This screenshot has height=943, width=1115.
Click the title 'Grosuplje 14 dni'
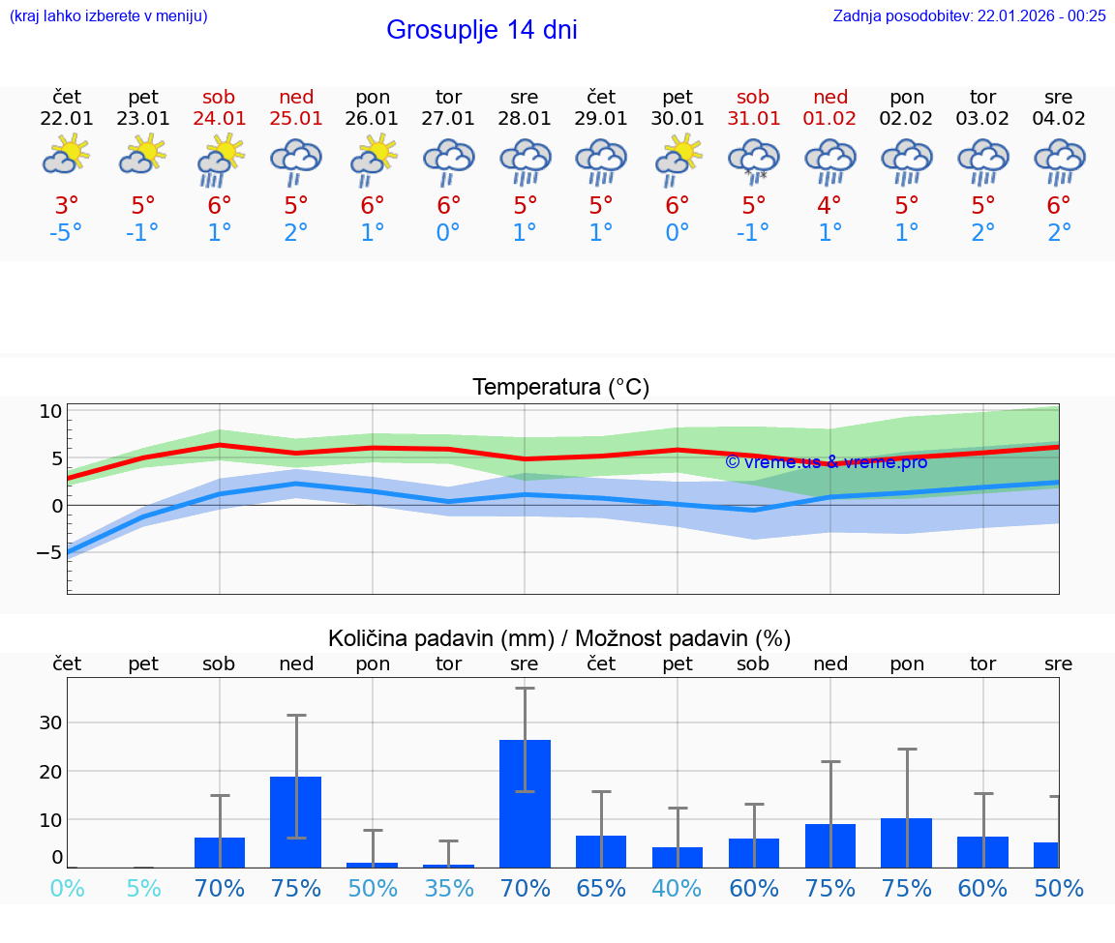pyautogui.click(x=481, y=30)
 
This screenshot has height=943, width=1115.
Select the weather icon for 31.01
pyautogui.click(x=753, y=160)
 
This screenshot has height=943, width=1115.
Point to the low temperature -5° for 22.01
pyautogui.click(x=67, y=233)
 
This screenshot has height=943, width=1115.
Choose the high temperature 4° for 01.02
pyautogui.click(x=829, y=205)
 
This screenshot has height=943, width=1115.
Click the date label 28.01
pyautogui.click(x=525, y=119)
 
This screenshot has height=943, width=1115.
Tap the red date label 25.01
pyautogui.click(x=296, y=119)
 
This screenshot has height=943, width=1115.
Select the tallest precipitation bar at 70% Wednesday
pyautogui.click(x=525, y=803)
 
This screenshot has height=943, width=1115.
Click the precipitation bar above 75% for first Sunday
pyautogui.click(x=296, y=821)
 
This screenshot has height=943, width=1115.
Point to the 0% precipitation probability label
pyautogui.click(x=67, y=888)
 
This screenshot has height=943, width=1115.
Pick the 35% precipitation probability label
pyautogui.click(x=448, y=888)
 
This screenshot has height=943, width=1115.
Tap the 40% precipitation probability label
pyautogui.click(x=678, y=888)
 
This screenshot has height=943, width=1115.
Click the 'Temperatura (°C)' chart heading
pyautogui.click(x=560, y=388)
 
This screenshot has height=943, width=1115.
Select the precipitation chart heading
pyautogui.click(x=559, y=638)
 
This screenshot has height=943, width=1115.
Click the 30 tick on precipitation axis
pyautogui.click(x=50, y=722)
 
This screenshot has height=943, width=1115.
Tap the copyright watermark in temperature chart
pyautogui.click(x=826, y=462)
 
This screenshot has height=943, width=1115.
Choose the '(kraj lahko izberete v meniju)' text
pyautogui.click(x=108, y=15)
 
